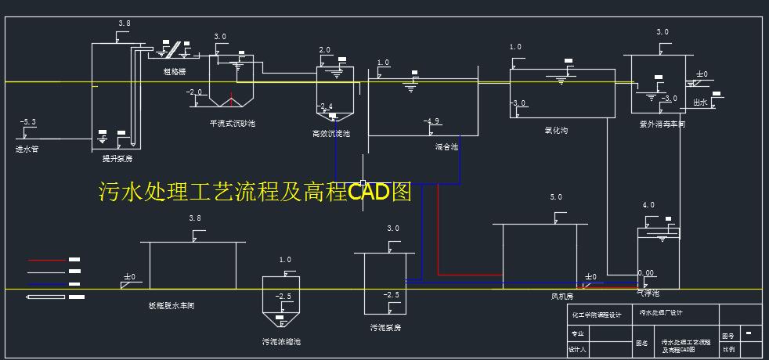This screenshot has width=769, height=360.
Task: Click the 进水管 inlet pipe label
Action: click(27, 148)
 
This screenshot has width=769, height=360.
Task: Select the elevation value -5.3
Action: click(27, 122)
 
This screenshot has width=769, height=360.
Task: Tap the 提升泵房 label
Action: click(117, 158)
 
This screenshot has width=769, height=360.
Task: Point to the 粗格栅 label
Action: click(174, 71)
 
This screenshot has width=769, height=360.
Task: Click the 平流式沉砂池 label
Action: click(232, 123)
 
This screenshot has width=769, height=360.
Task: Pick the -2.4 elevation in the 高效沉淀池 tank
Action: click(325, 106)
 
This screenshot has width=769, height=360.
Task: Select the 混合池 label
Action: click(446, 146)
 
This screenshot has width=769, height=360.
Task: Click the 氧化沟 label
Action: click(555, 131)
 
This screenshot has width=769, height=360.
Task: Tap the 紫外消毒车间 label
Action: click(662, 124)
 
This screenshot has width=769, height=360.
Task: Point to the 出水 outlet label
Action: click(700, 102)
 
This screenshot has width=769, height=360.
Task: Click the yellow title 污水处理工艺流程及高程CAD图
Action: click(255, 192)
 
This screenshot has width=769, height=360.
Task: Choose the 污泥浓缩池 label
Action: click(281, 341)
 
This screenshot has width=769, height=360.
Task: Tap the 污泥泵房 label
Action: click(386, 327)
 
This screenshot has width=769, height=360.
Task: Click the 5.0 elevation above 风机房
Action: click(556, 197)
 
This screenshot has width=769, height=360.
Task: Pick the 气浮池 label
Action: click(649, 293)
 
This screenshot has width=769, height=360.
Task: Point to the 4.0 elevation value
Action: click(648, 205)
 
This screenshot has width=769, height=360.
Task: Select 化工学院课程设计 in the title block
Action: click(595, 315)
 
